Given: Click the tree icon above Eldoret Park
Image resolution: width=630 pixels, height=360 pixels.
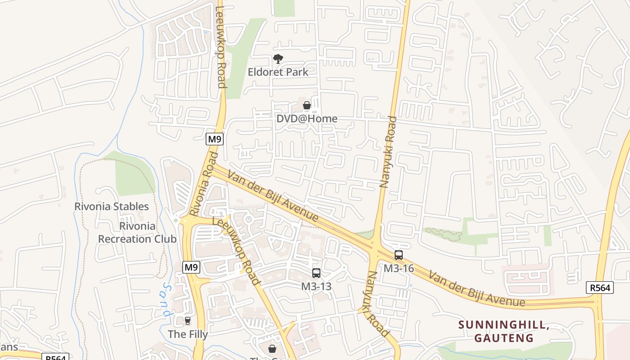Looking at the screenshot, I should (x=278, y=58).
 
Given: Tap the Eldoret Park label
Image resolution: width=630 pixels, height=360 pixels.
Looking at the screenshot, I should (x=278, y=72).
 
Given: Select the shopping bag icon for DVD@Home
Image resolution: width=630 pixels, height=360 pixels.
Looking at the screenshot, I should (x=307, y=106).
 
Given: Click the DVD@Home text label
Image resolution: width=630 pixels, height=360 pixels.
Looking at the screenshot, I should (x=307, y=119).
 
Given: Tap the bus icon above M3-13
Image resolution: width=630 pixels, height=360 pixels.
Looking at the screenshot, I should (x=316, y=273).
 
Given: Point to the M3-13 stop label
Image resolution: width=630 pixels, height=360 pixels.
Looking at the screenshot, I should (x=316, y=286).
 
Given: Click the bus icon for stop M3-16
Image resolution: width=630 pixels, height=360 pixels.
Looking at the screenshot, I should (x=398, y=255).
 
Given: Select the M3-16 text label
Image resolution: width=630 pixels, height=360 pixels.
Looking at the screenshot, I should (x=398, y=268).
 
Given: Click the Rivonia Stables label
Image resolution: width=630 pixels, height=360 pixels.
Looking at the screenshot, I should (x=112, y=207).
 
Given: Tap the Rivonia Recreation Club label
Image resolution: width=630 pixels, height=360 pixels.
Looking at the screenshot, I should (x=137, y=233).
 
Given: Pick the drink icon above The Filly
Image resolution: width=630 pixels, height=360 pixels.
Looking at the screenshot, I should (x=188, y=321).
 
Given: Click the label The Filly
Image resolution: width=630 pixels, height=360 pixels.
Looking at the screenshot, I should (x=188, y=334).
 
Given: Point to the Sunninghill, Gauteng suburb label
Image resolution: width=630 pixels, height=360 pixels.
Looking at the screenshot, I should (x=504, y=331).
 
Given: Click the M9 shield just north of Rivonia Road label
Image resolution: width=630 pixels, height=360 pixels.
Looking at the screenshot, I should (x=215, y=139).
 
